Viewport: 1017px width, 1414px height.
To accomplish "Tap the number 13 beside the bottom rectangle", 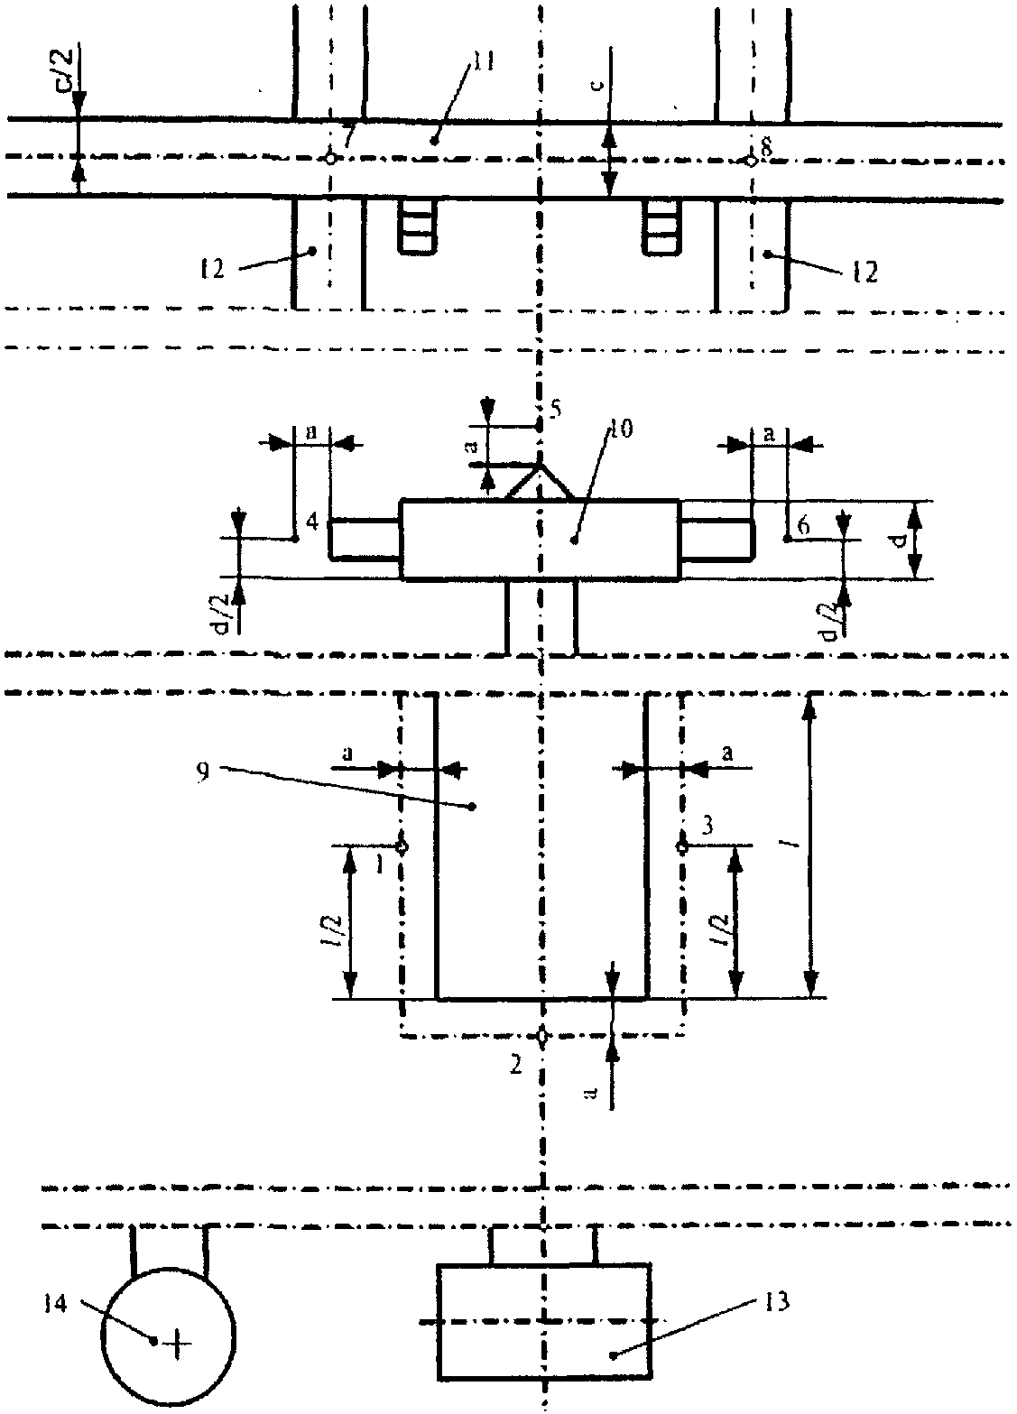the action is [x=776, y=1301].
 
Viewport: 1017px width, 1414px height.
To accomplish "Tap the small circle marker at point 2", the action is [x=541, y=1035].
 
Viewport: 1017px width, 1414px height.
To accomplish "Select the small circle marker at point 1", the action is [x=402, y=846].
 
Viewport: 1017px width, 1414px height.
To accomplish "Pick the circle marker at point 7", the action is [x=330, y=158].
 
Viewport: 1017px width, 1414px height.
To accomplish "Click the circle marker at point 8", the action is [x=749, y=161].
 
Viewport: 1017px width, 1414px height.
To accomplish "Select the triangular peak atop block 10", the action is [x=540, y=481].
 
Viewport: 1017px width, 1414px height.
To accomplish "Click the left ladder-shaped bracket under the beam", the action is [x=417, y=226].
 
